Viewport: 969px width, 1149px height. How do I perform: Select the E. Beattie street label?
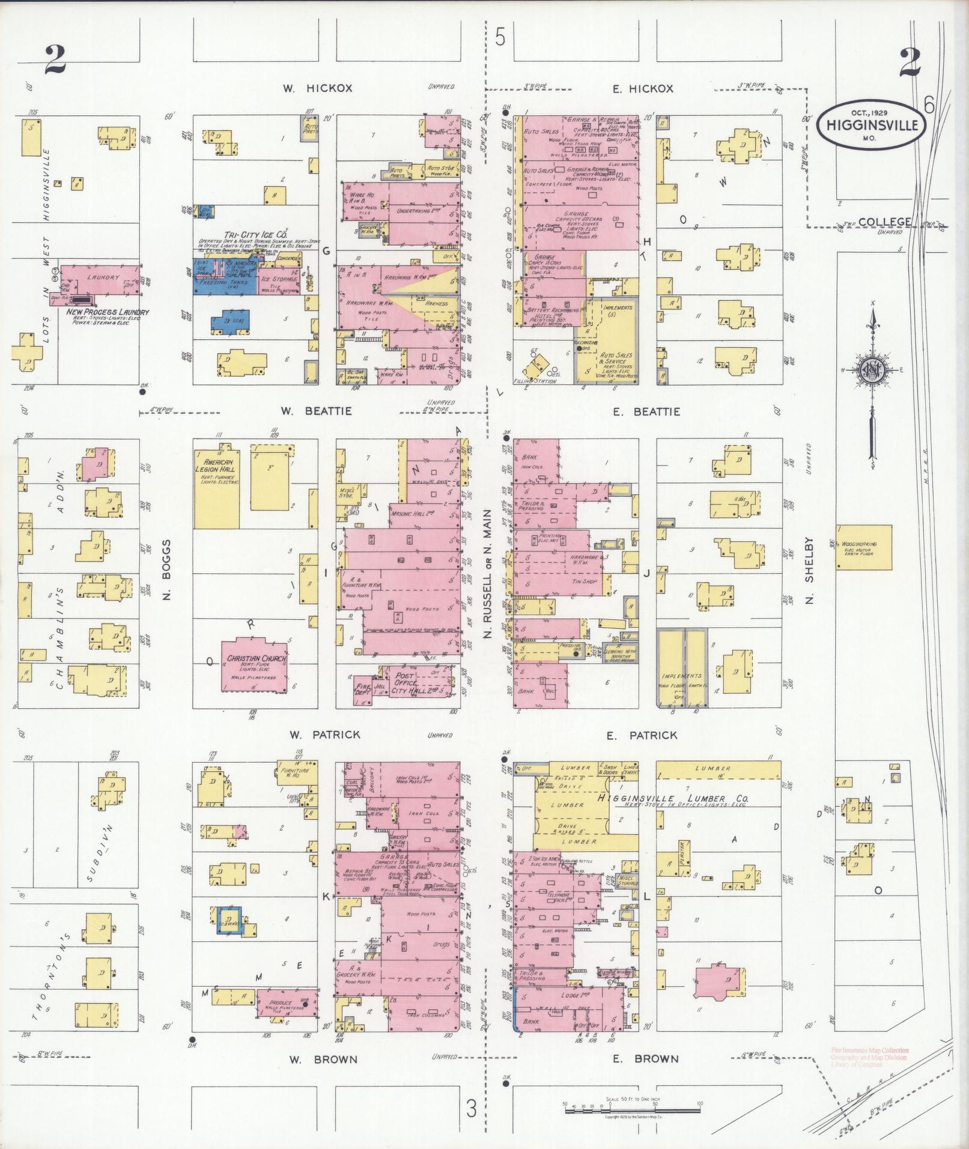pos(646,411)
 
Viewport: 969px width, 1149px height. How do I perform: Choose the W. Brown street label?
pos(323,1060)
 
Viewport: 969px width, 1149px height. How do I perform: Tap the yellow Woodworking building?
pos(864,547)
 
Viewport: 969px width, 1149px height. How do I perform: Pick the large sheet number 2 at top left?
pos(55,60)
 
